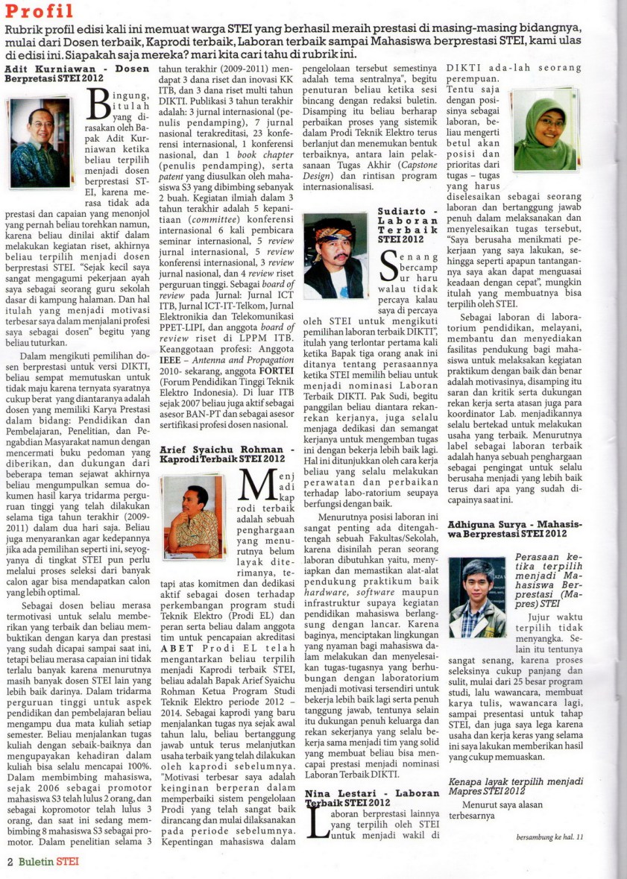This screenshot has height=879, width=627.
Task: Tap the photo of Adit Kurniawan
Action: click(x=40, y=142)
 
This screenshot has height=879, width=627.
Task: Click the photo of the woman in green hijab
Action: click(x=545, y=128)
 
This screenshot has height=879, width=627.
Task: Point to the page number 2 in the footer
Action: click(x=10, y=861)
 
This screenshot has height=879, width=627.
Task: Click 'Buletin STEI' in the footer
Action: click(x=48, y=861)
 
